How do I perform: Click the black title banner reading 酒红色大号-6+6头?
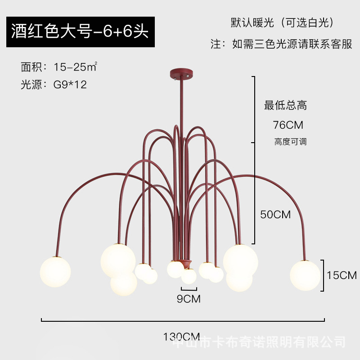pos(81,31)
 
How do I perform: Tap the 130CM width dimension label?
pos(183,336)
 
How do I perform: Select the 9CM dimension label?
pos(189,298)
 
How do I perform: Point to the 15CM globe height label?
pos(342,275)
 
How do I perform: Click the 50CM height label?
pos(276,214)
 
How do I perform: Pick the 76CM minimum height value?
pos(288,124)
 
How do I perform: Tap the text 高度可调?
pos(290,141)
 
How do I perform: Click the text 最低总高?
pos(285,106)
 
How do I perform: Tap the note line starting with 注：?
pos(282,44)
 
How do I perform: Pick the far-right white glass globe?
pos(305,275)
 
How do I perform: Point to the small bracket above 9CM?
pos(189,289)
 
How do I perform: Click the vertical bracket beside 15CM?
pos(322,275)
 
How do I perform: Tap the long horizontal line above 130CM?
pos(183,320)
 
